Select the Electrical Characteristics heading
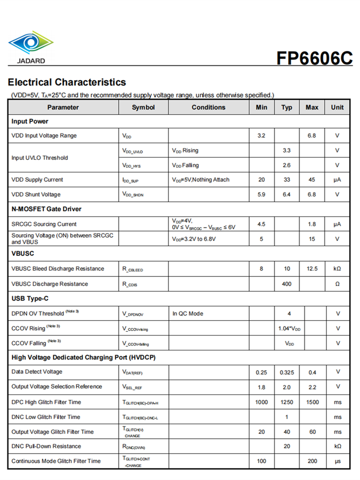coord(67,82)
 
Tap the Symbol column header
coord(143,108)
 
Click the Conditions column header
coord(208,108)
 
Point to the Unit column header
coord(337,108)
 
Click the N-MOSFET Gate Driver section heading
coord(47,209)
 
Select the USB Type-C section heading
coord(32,299)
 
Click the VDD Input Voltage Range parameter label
coord(44,136)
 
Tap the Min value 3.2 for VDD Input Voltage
coord(261,136)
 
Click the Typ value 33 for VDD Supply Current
coord(287,180)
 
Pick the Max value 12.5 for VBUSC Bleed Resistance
coord(312,269)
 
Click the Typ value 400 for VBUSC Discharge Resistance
coord(287,284)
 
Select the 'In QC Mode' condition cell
coord(188,314)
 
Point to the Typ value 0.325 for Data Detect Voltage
coord(287,372)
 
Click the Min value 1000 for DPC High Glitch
coord(261,402)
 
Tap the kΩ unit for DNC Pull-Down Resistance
coord(337,446)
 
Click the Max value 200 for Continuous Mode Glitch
coord(312,461)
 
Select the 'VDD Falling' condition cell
coord(185,166)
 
